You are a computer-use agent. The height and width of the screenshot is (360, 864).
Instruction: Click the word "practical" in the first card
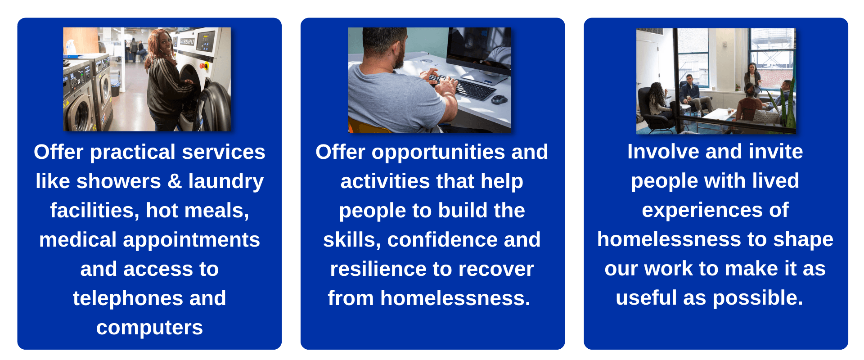pos(133,153)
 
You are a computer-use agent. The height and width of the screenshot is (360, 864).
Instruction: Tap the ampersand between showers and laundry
pos(175,181)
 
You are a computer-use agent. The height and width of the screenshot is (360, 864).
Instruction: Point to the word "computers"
pos(149,328)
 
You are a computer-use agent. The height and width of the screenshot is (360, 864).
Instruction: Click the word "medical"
pos(78,240)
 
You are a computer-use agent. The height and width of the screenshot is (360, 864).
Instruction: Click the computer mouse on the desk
pos(499,99)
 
